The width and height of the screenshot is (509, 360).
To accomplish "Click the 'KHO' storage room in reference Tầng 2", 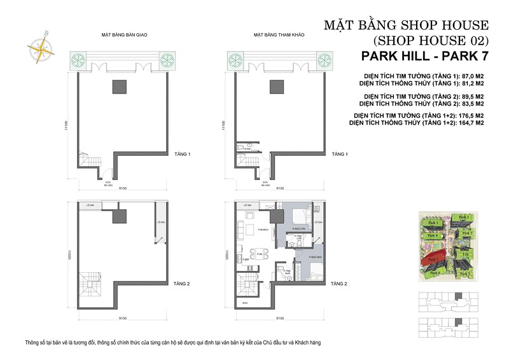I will [x=245, y=303].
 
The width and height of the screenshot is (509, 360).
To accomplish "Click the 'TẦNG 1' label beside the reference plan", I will [x=340, y=155].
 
